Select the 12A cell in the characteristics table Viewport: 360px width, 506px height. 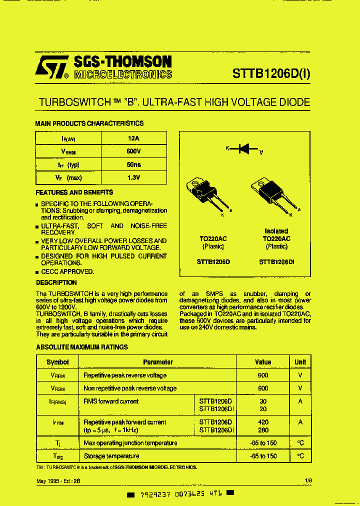(x=133, y=138)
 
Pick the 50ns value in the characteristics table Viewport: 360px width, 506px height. (x=133, y=164)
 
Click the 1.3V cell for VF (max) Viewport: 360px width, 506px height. (x=133, y=177)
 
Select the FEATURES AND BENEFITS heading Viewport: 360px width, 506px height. (x=74, y=192)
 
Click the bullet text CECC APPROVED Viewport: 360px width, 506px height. (x=67, y=271)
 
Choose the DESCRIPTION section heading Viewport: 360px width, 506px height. (x=56, y=282)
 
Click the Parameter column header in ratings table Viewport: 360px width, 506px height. (x=157, y=362)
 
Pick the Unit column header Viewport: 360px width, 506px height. (x=300, y=362)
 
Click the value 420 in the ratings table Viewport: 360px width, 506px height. (x=263, y=422)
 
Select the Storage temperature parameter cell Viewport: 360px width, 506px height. (x=111, y=456)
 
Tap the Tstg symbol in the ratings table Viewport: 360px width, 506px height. (x=57, y=456)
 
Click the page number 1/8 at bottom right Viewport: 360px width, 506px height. (x=308, y=480)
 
